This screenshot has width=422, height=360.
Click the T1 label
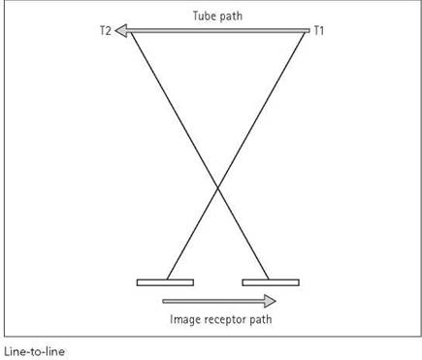pos(318,31)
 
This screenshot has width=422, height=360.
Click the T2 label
pos(106,31)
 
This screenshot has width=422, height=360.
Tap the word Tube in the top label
pos(203,16)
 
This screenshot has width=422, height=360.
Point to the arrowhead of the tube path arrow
pos(121,31)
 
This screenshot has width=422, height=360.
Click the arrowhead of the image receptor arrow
pos(270,301)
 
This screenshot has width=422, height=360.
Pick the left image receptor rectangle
pos(165,282)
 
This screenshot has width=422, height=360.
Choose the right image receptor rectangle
pos(271,282)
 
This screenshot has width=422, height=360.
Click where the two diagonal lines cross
pos(217,187)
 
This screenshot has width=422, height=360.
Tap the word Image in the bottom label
pos(182,319)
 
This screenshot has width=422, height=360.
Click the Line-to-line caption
pos(34,351)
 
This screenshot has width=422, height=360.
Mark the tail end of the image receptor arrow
pos(163,301)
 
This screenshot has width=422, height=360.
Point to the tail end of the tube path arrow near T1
pos(308,31)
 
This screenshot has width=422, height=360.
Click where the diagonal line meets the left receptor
pos(167,279)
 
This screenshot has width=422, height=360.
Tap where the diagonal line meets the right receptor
pos(269,279)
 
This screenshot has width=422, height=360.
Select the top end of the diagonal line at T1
pos(305,33)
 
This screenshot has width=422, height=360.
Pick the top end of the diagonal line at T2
pos(131,33)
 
